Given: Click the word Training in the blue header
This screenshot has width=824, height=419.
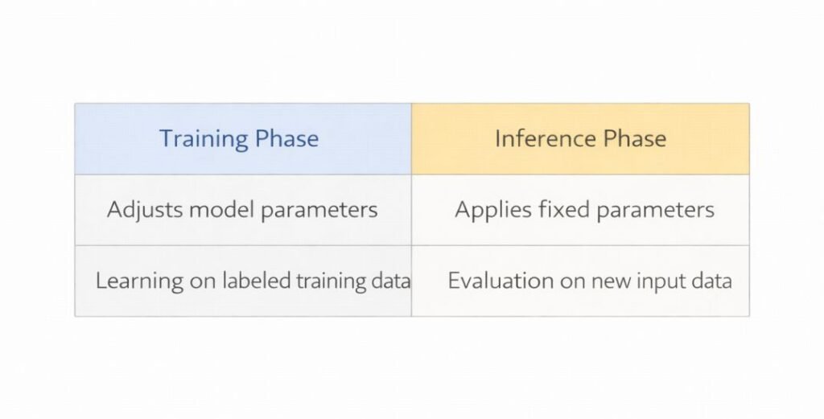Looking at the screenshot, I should [x=203, y=138].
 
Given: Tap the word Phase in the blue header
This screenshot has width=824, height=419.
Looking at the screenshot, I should [x=286, y=138].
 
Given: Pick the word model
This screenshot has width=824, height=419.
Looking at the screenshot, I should [x=222, y=211].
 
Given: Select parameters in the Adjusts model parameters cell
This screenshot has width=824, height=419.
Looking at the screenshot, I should [x=319, y=211].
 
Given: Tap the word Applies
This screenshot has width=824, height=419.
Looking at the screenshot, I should [x=487, y=211].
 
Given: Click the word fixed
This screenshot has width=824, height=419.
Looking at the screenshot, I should [x=552, y=211].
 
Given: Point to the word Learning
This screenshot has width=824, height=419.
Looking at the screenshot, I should [x=131, y=281].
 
